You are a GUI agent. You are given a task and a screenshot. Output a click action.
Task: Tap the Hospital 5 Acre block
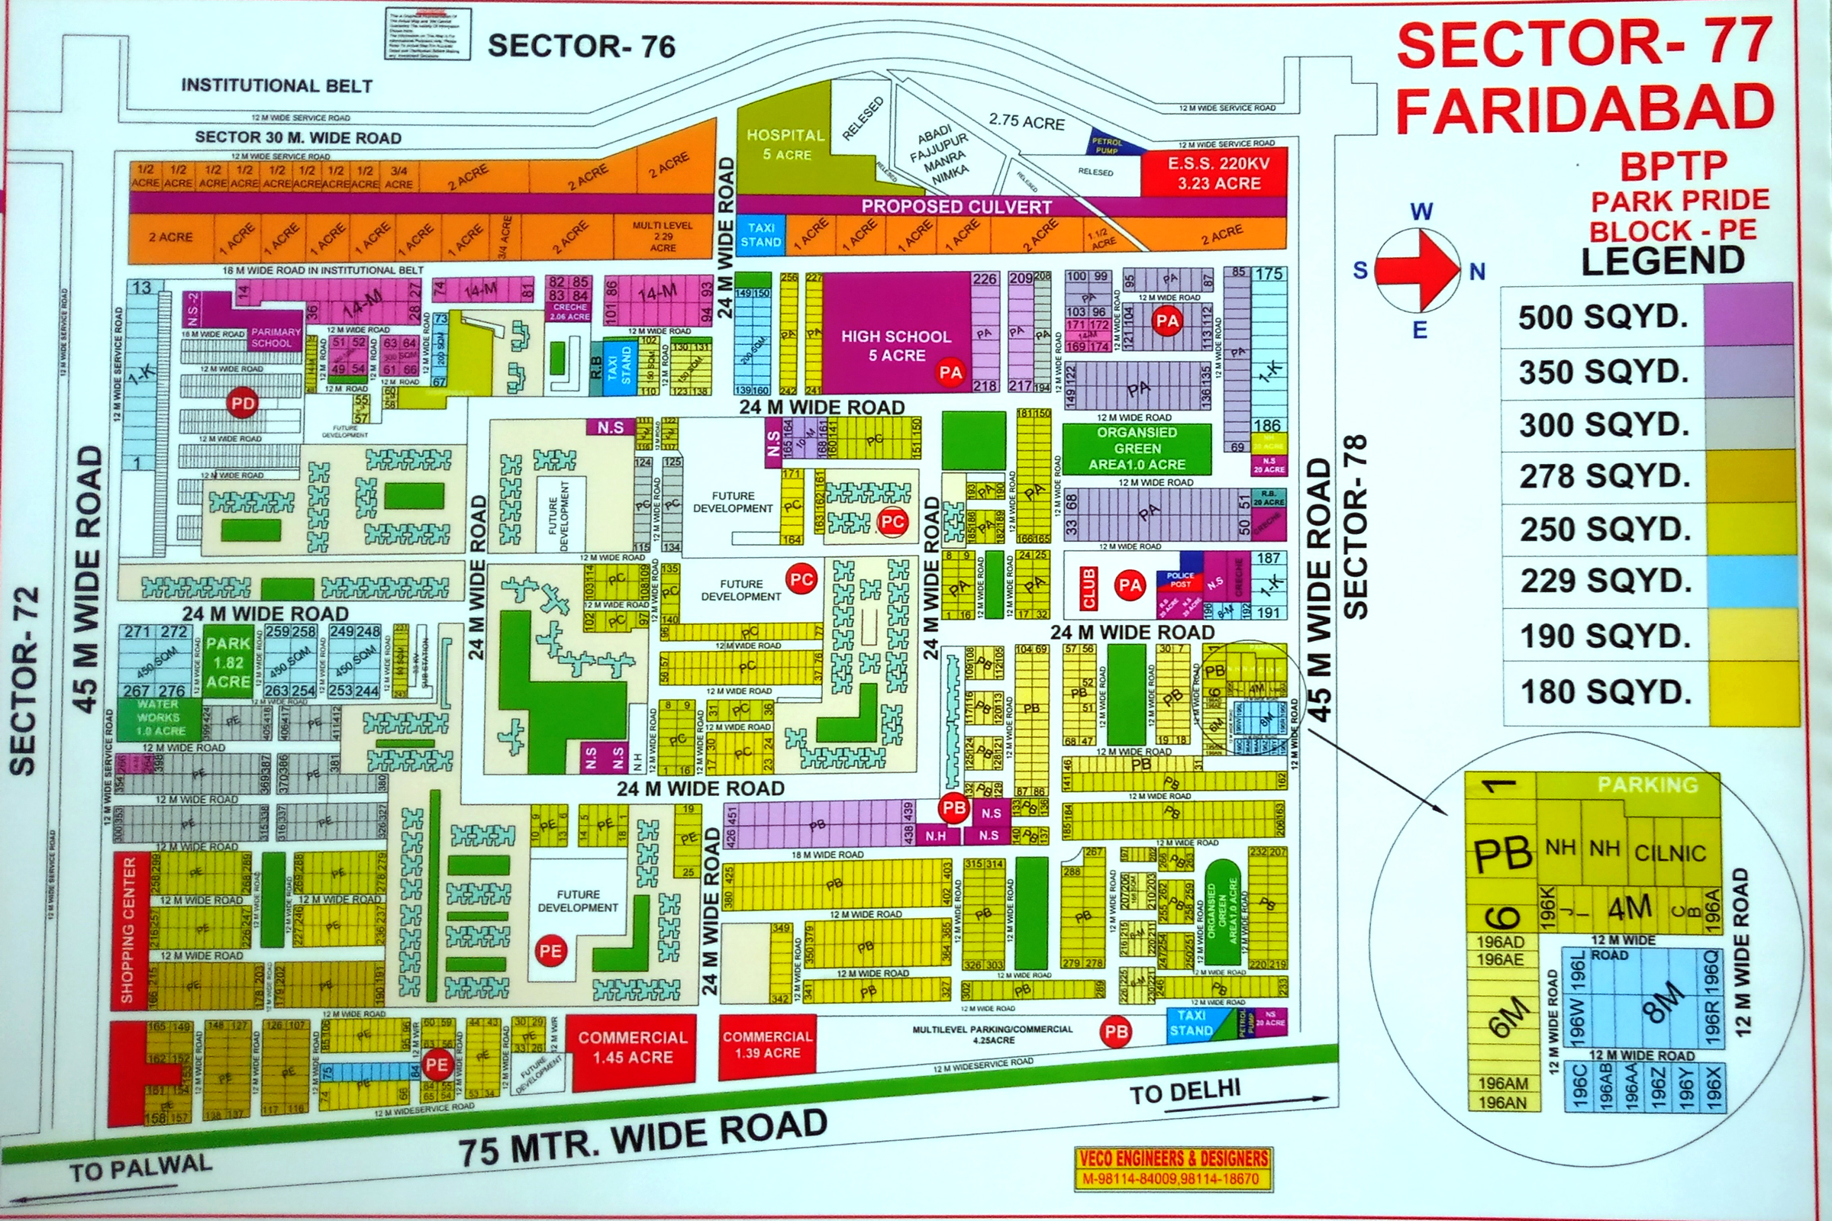click(785, 145)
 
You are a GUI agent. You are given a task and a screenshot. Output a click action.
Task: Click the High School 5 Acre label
click(895, 346)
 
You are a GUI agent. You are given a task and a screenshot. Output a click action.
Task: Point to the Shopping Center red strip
click(128, 929)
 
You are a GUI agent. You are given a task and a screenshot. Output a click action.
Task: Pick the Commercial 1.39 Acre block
click(767, 1045)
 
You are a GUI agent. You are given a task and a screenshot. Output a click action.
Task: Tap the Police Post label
click(1180, 579)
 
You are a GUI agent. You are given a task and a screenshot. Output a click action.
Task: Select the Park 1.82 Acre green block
click(227, 662)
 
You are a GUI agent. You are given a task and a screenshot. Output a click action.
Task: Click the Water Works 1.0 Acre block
click(159, 717)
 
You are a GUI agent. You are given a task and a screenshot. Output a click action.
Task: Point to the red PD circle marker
click(242, 404)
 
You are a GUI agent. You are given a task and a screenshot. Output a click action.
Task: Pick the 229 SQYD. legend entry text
click(1604, 580)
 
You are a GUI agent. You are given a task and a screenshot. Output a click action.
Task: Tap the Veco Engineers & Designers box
click(1174, 1169)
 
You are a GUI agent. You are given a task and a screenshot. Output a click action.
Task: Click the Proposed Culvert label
click(956, 206)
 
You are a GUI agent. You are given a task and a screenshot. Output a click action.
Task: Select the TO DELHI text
click(1185, 1092)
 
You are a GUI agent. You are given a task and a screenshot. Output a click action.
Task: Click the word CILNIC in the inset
click(1670, 852)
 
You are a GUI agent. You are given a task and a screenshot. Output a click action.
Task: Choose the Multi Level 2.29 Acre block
click(663, 236)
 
